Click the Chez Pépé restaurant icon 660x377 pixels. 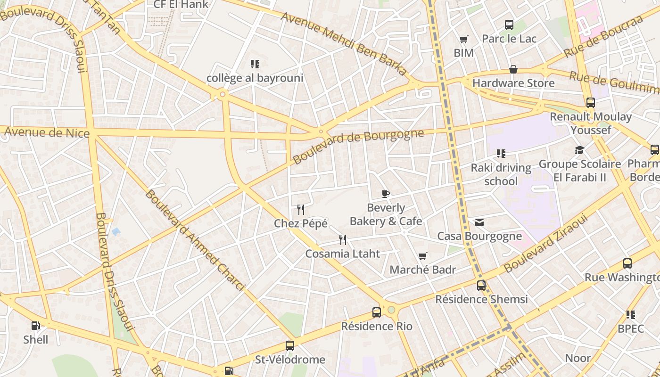[300, 209]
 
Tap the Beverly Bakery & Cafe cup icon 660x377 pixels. [386, 194]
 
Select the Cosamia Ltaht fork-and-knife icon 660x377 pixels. [343, 240]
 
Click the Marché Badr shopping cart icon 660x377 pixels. [423, 256]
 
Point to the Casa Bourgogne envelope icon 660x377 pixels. [479, 222]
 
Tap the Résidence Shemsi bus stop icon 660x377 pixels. [481, 285]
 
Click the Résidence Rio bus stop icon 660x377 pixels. [376, 312]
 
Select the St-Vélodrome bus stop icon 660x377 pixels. [290, 345]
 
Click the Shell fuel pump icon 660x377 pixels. [35, 325]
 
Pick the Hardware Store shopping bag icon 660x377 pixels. [513, 69]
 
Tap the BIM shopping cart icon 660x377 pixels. [464, 39]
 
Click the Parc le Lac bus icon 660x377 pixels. [509, 25]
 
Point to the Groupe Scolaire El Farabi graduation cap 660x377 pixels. [579, 150]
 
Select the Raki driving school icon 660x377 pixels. [501, 154]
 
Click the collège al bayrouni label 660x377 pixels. [255, 78]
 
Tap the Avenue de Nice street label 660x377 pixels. [47, 132]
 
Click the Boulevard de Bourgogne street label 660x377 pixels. [358, 146]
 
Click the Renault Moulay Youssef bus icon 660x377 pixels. [590, 102]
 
